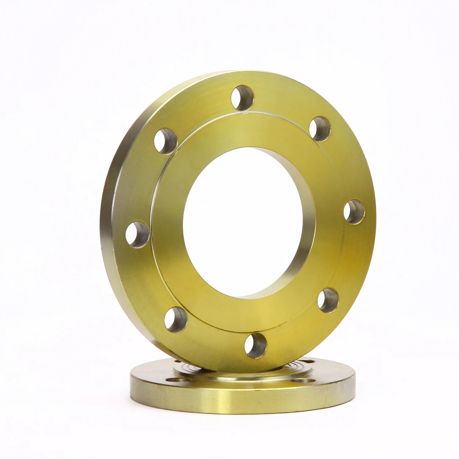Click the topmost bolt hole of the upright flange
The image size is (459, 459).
pyautogui.click(x=242, y=98)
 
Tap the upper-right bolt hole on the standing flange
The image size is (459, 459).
pyautogui.click(x=320, y=129)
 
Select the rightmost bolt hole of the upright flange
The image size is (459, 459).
pyautogui.click(x=354, y=211)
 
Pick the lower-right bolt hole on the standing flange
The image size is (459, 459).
pyautogui.click(x=328, y=300)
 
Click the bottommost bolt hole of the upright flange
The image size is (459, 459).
pyautogui.click(x=256, y=345)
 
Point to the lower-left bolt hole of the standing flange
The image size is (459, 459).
pyautogui.click(x=176, y=319)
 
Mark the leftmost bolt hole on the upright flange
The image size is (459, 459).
pyautogui.click(x=137, y=234)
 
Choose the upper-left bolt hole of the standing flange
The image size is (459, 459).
pyautogui.click(x=166, y=141)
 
